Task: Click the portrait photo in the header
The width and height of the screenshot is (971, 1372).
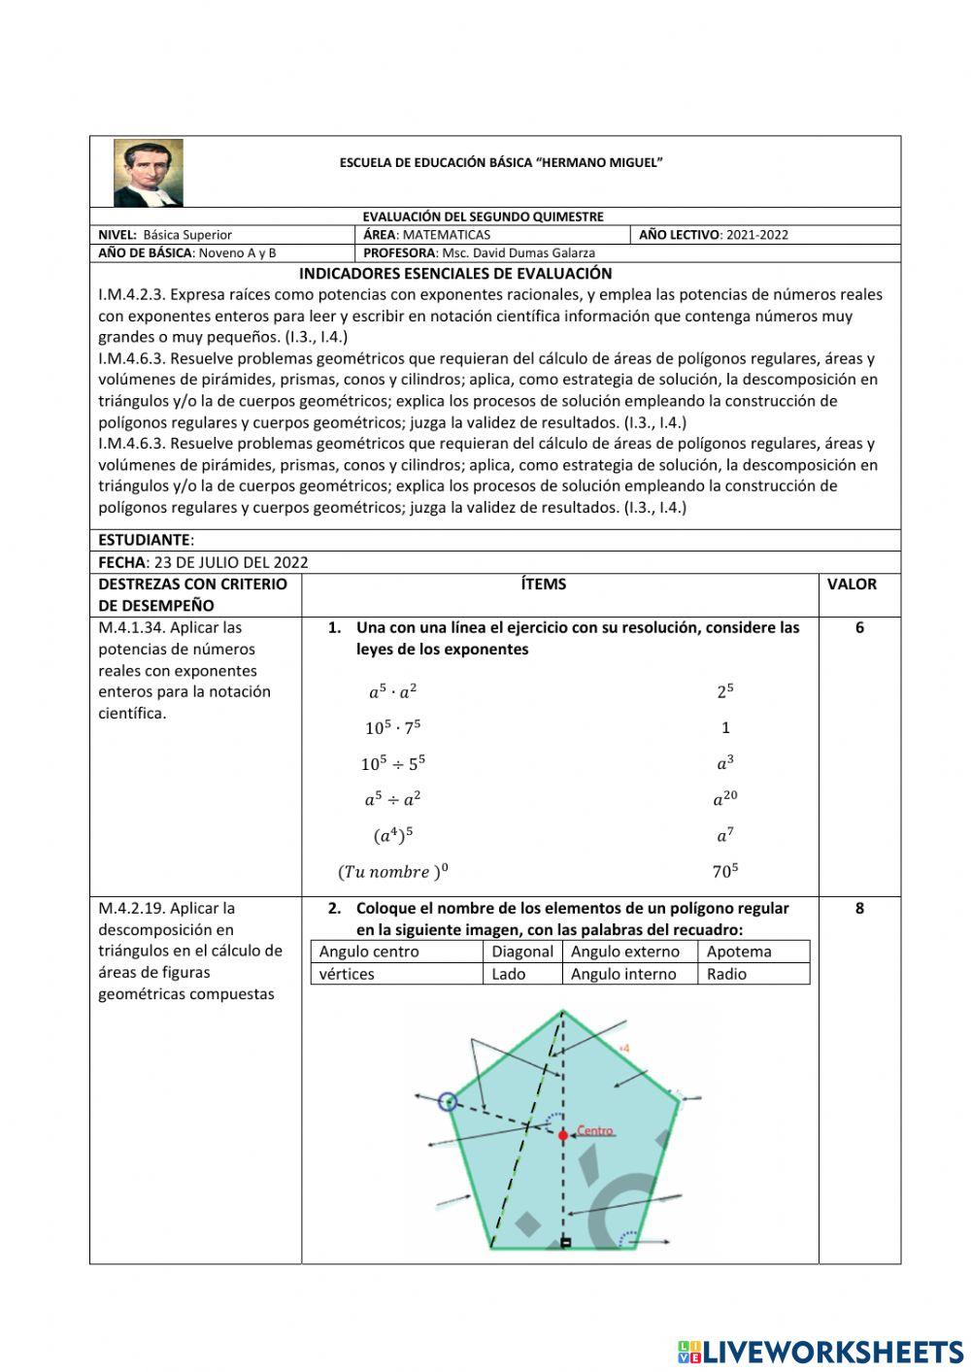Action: click(x=148, y=173)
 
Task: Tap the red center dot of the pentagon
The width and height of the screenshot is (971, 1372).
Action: click(x=563, y=1134)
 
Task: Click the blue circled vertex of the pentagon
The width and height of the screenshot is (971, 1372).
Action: click(x=448, y=1101)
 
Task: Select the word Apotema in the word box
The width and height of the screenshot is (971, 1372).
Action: click(x=739, y=952)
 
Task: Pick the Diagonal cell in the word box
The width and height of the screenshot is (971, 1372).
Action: click(x=522, y=952)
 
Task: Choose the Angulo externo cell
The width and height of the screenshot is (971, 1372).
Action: click(x=625, y=952)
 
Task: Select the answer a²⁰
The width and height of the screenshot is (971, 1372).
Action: click(x=725, y=799)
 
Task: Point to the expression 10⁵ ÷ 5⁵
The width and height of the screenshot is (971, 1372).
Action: click(x=393, y=763)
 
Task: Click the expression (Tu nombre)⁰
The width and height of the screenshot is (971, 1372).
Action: click(x=393, y=871)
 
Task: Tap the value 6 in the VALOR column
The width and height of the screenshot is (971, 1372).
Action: click(x=859, y=628)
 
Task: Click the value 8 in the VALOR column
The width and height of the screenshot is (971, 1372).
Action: click(x=859, y=909)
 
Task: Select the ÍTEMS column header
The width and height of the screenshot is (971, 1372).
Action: click(x=543, y=585)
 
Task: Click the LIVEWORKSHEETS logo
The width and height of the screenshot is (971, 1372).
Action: click(x=820, y=1352)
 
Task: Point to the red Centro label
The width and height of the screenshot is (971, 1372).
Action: click(x=595, y=1131)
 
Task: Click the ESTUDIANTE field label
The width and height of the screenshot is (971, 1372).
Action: click(x=146, y=540)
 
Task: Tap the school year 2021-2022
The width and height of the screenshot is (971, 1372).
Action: click(x=757, y=234)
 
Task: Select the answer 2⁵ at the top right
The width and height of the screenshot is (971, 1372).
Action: click(x=725, y=691)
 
